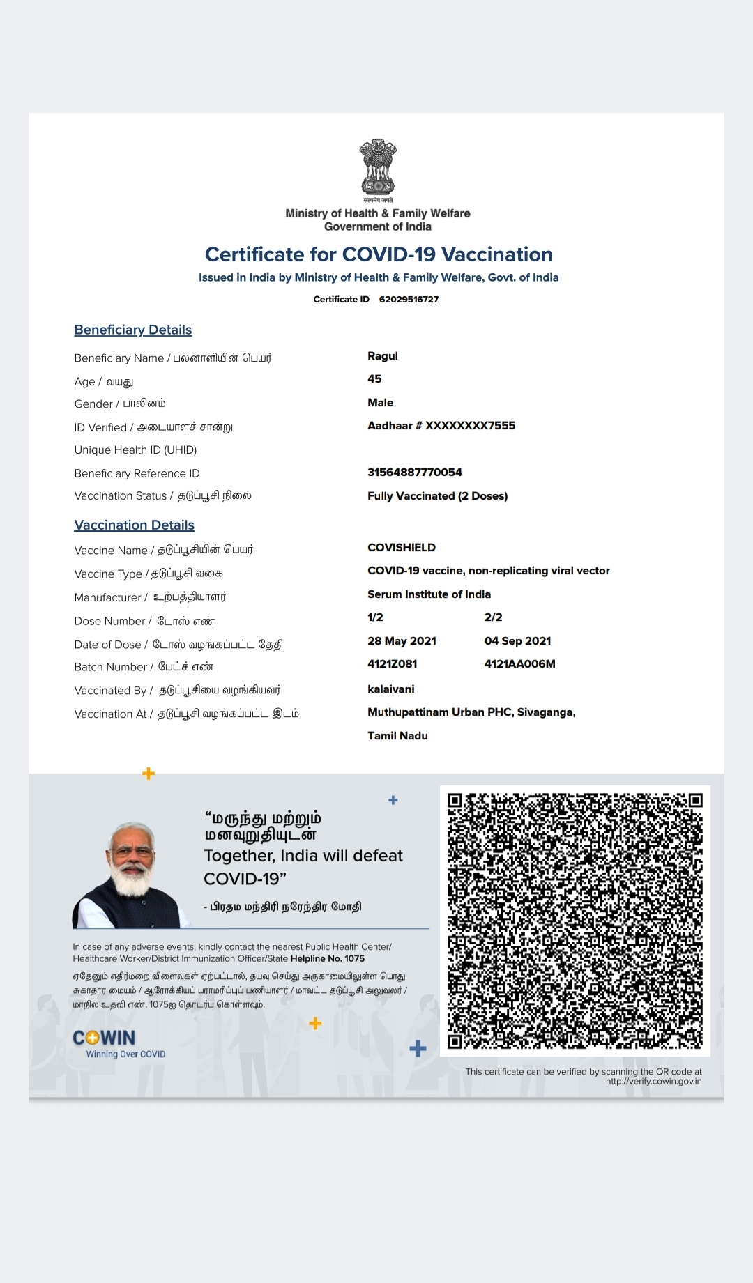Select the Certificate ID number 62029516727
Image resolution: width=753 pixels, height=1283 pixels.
(x=409, y=300)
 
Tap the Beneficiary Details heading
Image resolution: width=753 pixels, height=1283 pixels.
(x=133, y=330)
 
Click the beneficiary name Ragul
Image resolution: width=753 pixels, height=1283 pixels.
(x=383, y=356)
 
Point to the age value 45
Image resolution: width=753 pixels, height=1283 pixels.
(x=374, y=379)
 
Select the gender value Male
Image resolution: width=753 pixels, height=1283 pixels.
(x=380, y=403)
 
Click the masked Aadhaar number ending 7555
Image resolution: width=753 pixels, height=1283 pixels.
(x=441, y=426)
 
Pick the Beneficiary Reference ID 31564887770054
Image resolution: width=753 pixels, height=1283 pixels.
(x=415, y=473)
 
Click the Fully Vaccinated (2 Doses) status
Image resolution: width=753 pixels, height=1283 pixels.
(x=437, y=496)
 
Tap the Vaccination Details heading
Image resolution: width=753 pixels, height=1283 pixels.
(x=135, y=525)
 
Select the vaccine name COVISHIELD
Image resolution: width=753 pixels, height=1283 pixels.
(x=402, y=548)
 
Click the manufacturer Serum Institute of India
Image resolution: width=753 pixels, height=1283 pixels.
(x=429, y=594)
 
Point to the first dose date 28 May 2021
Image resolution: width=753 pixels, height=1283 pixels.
(x=402, y=641)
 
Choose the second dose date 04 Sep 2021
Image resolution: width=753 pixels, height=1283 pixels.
(x=517, y=641)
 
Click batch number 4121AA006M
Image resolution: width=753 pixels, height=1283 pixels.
(x=519, y=664)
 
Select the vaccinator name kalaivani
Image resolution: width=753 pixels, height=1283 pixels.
(x=390, y=689)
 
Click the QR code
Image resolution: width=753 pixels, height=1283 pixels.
(x=575, y=921)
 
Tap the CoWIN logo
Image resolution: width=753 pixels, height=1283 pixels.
(x=105, y=1038)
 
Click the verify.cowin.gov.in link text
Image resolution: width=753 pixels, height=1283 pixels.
(x=653, y=1082)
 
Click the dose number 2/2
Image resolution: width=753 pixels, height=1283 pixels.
(x=493, y=617)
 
